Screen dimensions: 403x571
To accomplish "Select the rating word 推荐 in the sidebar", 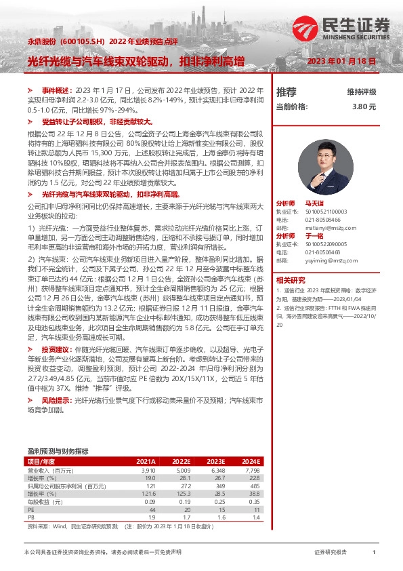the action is (x=286, y=92).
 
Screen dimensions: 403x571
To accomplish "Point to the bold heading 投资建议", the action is (x=55, y=349).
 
